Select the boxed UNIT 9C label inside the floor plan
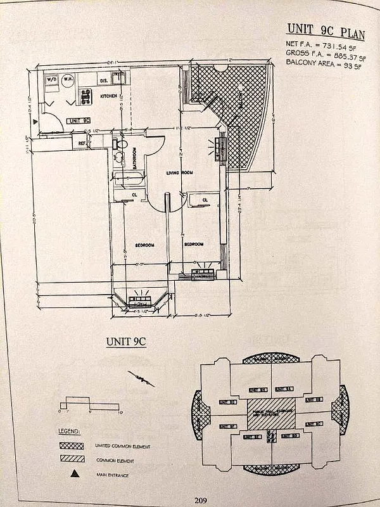tap(78, 120)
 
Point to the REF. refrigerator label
tap(82, 143)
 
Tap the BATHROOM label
tap(135, 158)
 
